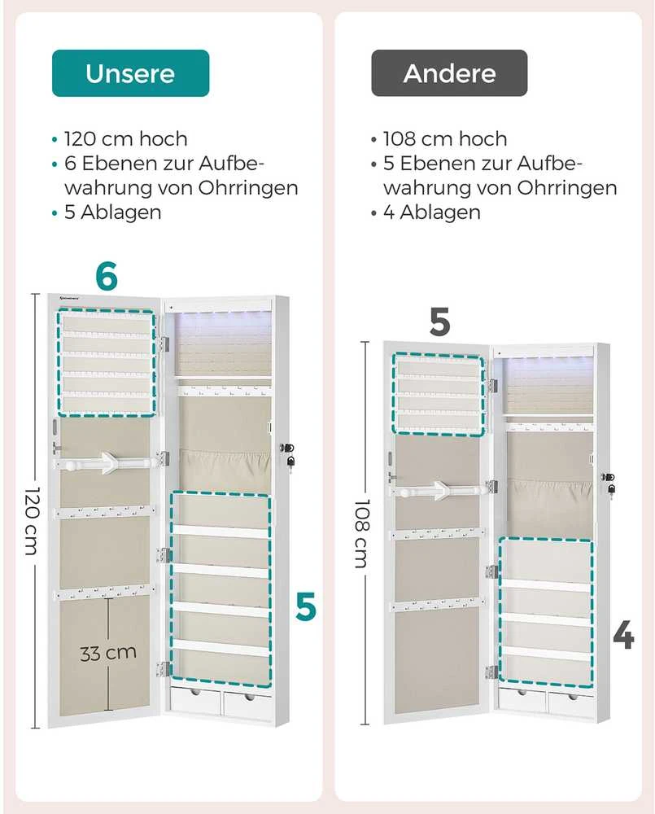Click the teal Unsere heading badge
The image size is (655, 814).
[x=130, y=73]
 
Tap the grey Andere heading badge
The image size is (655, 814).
[x=449, y=73]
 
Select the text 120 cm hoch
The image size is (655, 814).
[x=125, y=139]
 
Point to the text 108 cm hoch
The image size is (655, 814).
[x=445, y=139]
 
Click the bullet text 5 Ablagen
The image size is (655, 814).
[x=112, y=212]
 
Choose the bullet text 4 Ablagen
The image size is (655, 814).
[x=432, y=212]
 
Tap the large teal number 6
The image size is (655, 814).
[x=107, y=276]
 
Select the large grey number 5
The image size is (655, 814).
[x=439, y=322]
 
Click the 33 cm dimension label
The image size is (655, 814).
[x=108, y=653]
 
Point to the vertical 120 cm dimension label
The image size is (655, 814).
[x=32, y=521]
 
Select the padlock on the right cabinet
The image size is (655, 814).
[x=611, y=489]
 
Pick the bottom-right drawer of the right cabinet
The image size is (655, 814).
[x=571, y=704]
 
